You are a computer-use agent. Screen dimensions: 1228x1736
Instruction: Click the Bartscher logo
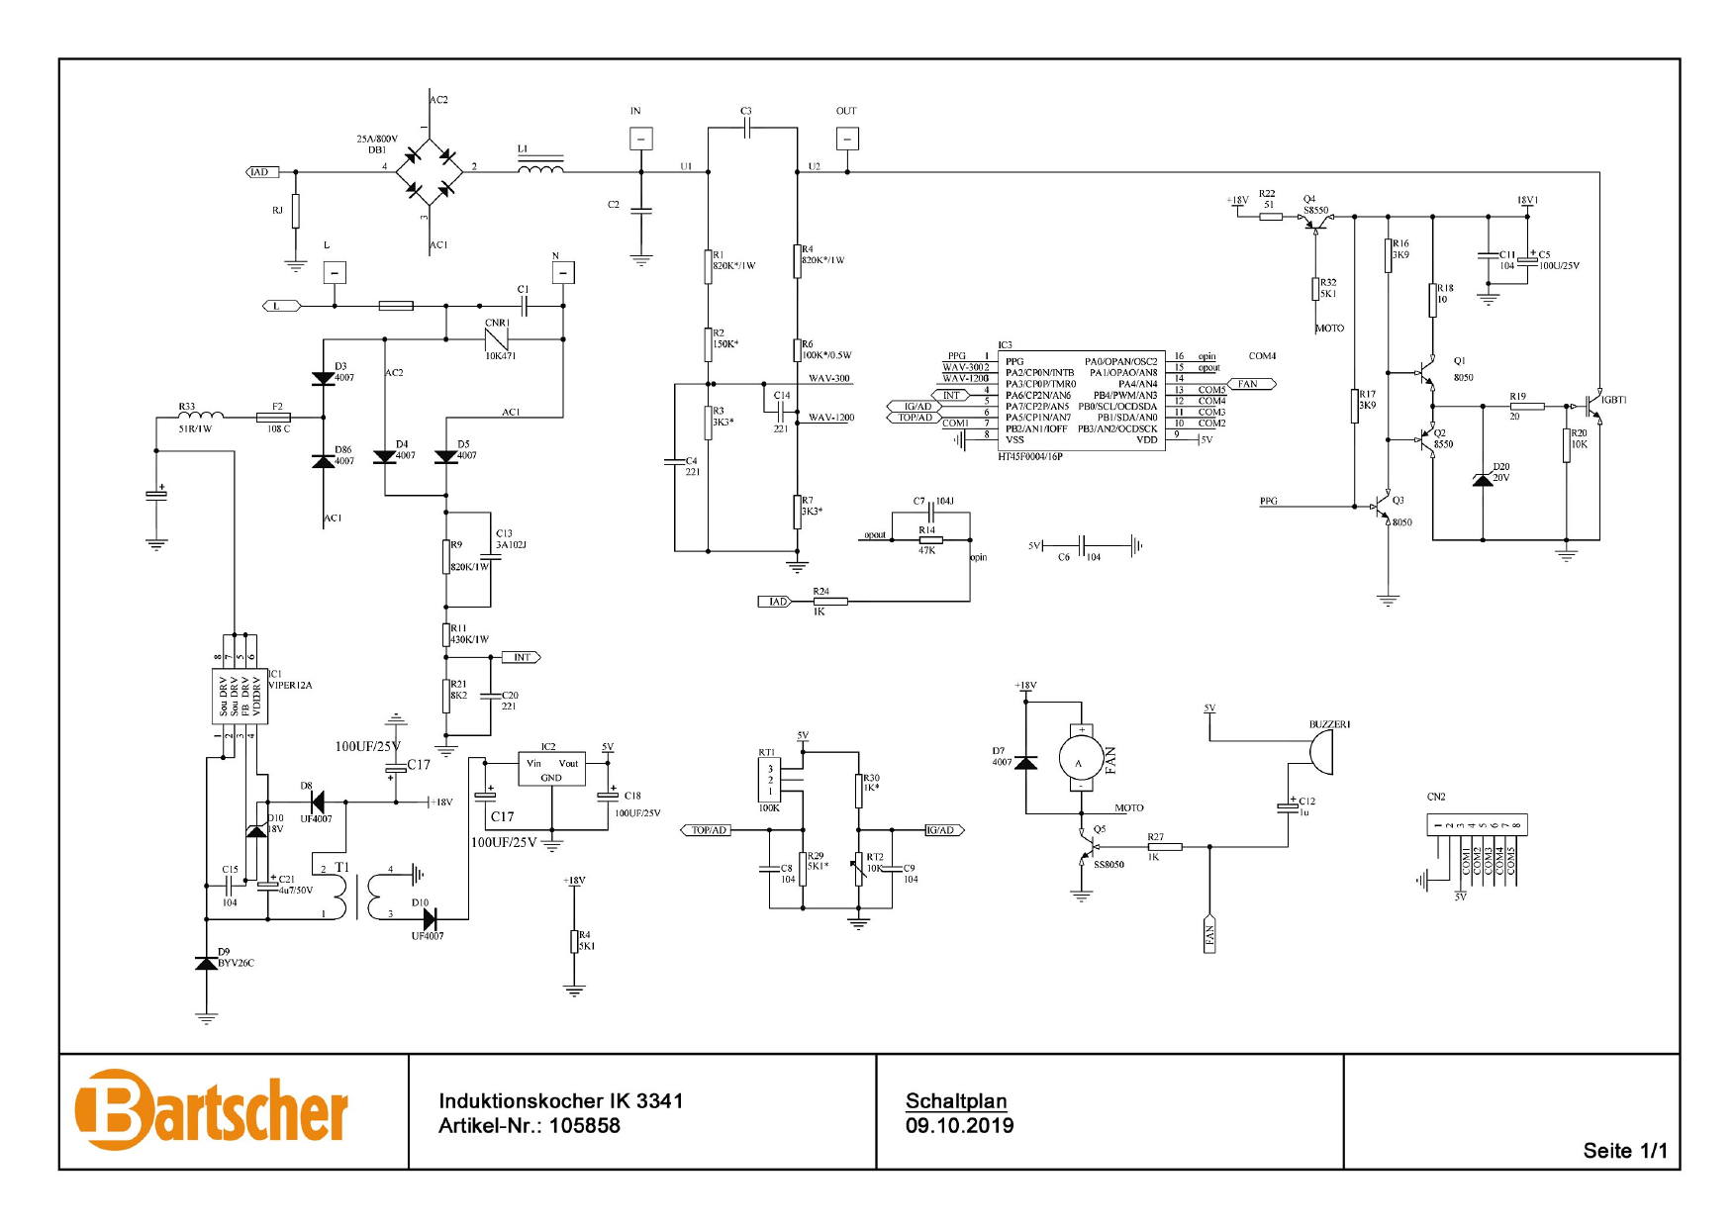click(x=211, y=1110)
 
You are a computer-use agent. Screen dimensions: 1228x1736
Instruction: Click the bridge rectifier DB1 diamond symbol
click(x=429, y=172)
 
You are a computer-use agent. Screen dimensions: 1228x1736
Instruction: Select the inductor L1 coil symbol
click(x=540, y=169)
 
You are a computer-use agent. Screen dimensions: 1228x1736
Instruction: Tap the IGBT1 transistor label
click(x=1614, y=400)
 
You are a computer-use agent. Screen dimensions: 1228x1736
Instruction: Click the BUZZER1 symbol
click(x=1320, y=754)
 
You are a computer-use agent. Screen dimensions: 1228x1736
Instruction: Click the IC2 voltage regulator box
click(x=551, y=769)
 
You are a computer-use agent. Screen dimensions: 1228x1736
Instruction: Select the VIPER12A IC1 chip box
click(x=240, y=696)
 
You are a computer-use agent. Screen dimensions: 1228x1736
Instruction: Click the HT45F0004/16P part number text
click(x=1029, y=457)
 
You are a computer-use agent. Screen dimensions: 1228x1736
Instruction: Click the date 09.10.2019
click(x=959, y=1126)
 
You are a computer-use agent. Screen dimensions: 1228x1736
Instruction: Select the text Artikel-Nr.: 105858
click(x=530, y=1126)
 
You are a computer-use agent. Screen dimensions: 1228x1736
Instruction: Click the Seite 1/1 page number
click(x=1624, y=1151)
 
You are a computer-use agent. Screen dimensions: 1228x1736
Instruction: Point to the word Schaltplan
click(x=956, y=1100)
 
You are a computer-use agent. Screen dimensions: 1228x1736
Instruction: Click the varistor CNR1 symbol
click(x=497, y=338)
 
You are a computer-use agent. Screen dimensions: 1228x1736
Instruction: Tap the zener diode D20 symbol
click(x=1483, y=479)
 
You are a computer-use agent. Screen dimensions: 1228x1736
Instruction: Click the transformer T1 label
click(x=341, y=867)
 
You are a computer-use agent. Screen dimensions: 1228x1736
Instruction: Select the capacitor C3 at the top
click(x=747, y=127)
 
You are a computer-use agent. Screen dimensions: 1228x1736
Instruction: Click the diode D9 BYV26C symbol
click(x=206, y=963)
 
